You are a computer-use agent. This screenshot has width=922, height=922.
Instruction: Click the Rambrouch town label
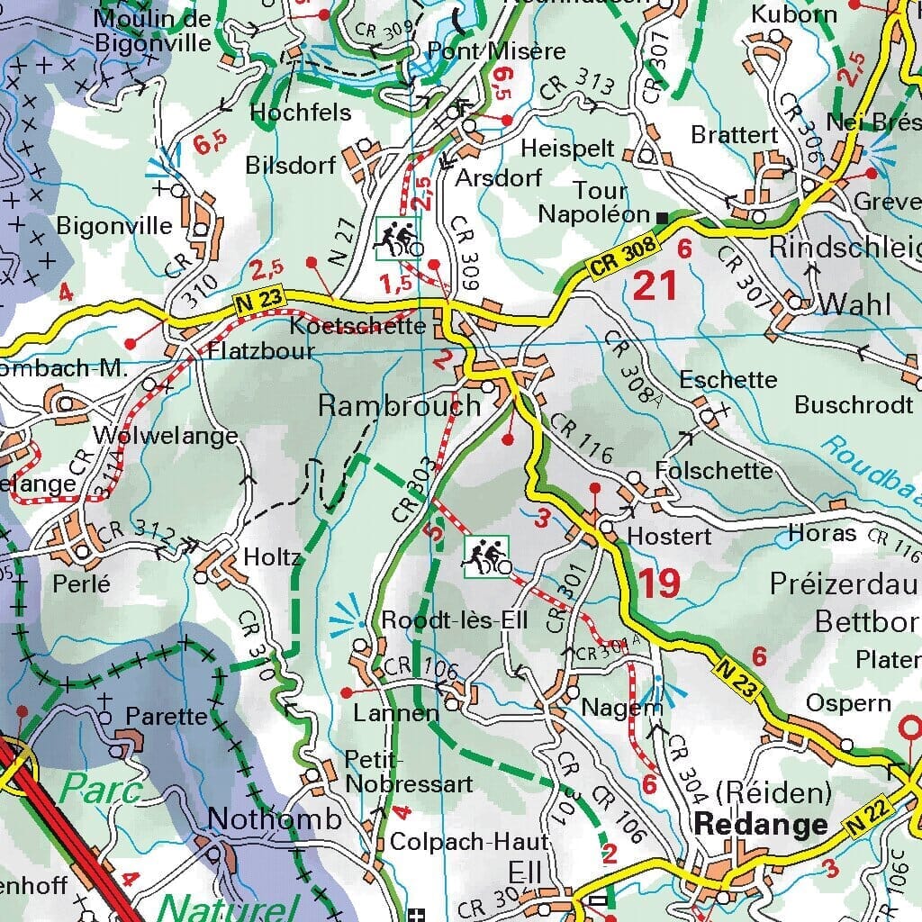point(400,406)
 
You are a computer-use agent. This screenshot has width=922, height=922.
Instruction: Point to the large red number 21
point(655,286)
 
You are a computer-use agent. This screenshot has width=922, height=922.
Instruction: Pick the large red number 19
point(659,584)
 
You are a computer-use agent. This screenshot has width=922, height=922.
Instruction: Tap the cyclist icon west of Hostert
point(486,556)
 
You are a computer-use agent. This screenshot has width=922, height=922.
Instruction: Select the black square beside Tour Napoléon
point(663,217)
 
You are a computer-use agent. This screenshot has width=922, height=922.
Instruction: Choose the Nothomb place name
point(275,818)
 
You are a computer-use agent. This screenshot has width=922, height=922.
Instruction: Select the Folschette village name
point(714,470)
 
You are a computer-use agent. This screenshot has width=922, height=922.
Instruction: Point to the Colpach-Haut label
point(469,843)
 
